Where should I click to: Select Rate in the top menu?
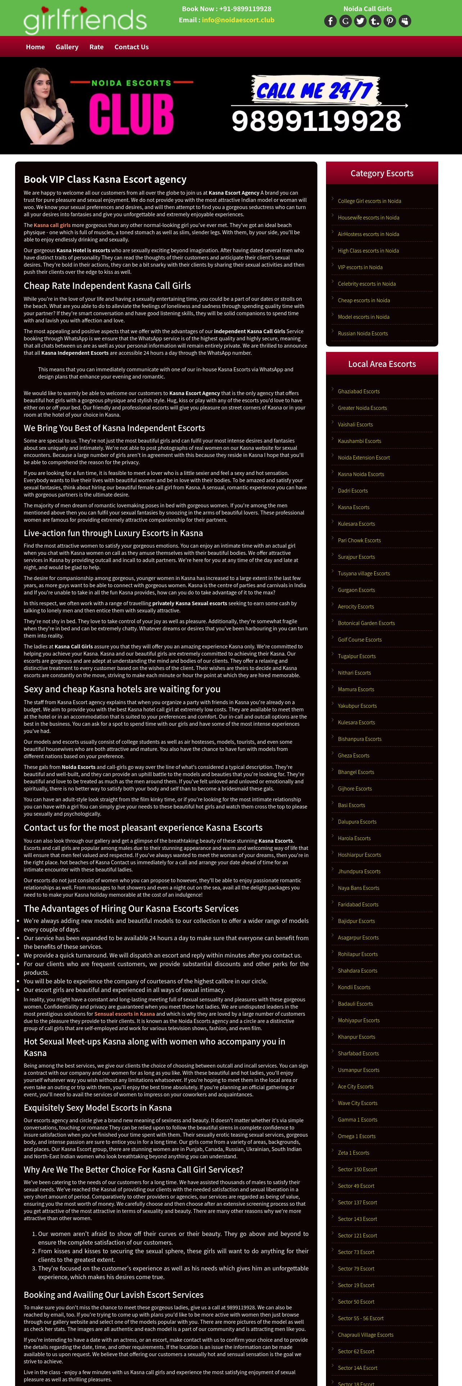pos(96,47)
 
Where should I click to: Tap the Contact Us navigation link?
pos(131,47)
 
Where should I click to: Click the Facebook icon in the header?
pos(330,21)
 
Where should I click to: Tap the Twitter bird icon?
pos(360,21)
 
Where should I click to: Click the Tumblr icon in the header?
pos(375,21)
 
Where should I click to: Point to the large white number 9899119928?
pos(316,121)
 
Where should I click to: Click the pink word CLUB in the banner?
pos(131,114)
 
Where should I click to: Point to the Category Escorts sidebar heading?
pos(382,173)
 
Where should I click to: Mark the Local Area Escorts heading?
pos(382,364)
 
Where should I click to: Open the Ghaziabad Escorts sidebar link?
pos(358,391)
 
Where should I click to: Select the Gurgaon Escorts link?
pos(356,590)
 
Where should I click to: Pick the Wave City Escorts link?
pos(357,1103)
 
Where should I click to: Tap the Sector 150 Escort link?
pos(357,1169)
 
